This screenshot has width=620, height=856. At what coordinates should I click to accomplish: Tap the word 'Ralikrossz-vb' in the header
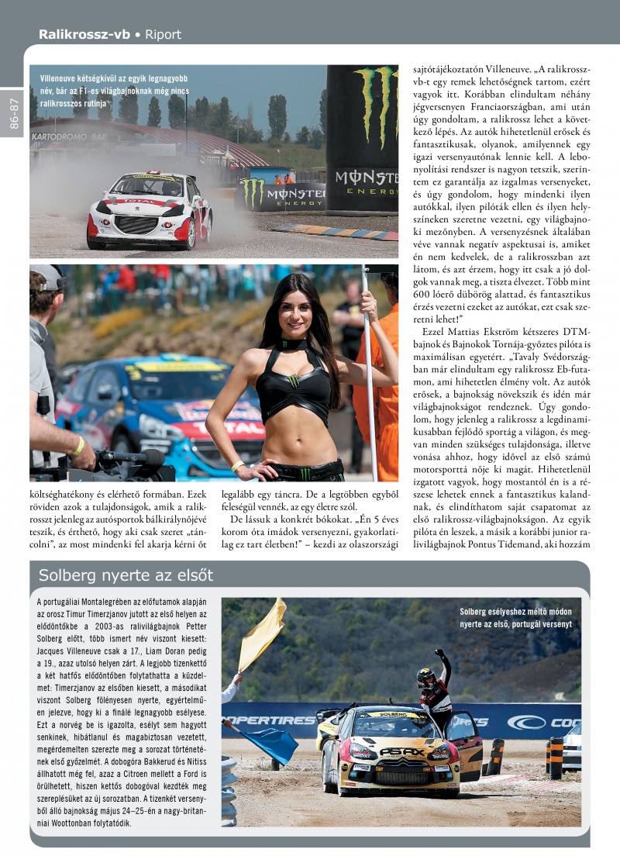pos(84,34)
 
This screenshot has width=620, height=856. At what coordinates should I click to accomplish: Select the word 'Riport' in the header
pos(163,34)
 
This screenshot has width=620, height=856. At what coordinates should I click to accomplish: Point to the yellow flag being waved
pos(261,633)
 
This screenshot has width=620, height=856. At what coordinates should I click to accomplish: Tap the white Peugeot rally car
pos(150,210)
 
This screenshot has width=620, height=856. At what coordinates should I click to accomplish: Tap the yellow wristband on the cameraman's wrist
pos(78,446)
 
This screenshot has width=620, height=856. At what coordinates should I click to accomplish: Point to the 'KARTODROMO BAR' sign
pos(69,137)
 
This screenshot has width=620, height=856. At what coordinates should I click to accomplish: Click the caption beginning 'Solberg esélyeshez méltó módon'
pos(515,617)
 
